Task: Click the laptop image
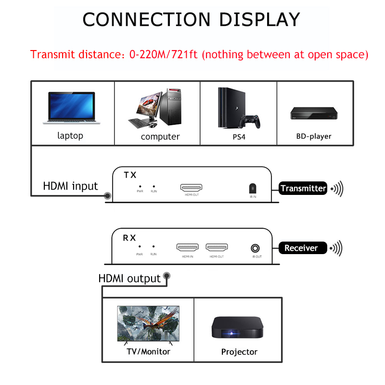[71, 108]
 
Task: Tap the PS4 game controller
[250, 121]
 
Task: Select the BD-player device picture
[314, 113]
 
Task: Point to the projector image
[237, 327]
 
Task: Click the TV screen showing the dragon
[148, 323]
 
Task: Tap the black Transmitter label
[303, 188]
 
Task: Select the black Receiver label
[303, 248]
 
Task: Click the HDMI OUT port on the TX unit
[191, 188]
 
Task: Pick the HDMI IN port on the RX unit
[187, 247]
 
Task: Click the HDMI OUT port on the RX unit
[217, 247]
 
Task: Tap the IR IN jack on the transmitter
[253, 188]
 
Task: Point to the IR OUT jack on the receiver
[255, 248]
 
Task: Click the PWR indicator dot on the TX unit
[140, 187]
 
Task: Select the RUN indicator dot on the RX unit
[154, 246]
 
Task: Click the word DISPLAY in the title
[259, 20]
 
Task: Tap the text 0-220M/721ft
[164, 54]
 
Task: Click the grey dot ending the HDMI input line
[107, 196]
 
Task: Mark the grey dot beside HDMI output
[167, 276]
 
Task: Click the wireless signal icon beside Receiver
[336, 248]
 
